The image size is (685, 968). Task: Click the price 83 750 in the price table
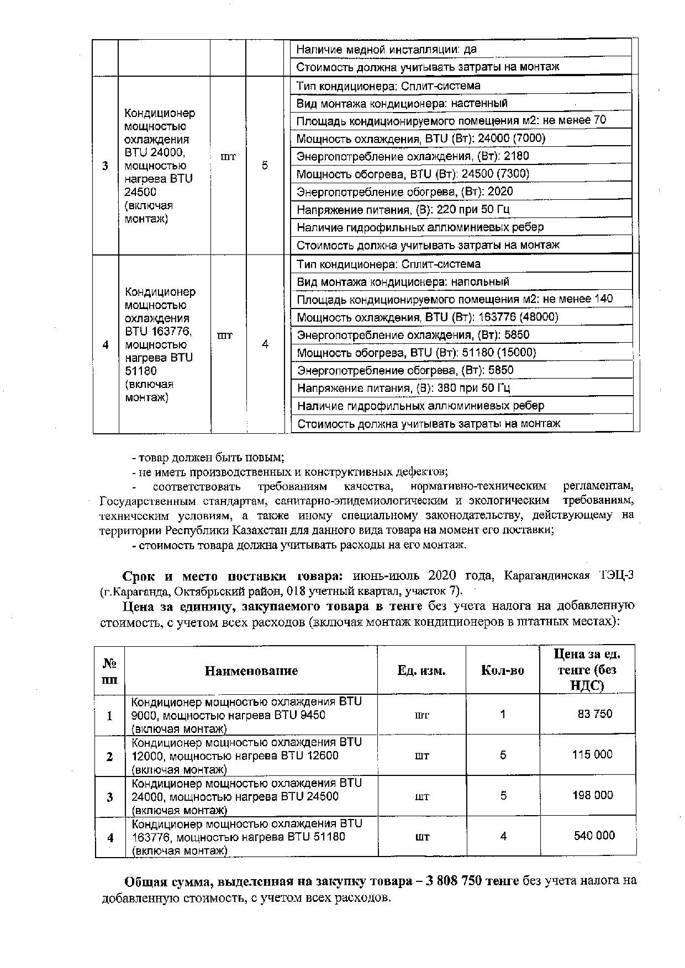click(x=594, y=714)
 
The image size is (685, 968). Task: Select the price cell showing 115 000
click(x=592, y=754)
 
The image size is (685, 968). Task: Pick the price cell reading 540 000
click(x=594, y=836)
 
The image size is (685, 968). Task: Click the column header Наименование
click(x=251, y=671)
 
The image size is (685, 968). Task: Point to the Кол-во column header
click(x=503, y=671)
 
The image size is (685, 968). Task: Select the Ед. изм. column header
click(x=421, y=671)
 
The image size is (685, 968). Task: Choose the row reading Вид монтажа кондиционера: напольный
click(x=403, y=282)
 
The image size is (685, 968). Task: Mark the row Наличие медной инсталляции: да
click(x=386, y=50)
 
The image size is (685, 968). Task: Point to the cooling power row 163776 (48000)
click(x=428, y=317)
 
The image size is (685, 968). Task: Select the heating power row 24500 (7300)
click(x=413, y=174)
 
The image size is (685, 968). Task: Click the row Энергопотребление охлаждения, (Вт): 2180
click(x=413, y=156)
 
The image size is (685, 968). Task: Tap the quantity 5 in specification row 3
click(x=265, y=166)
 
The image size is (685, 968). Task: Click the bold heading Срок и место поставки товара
click(x=233, y=576)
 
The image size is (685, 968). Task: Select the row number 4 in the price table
click(x=110, y=837)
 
